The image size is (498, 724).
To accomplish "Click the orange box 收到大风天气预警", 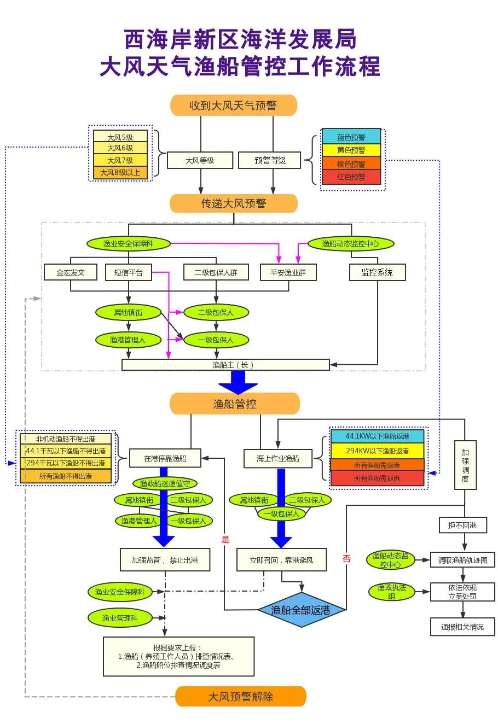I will point(233,106).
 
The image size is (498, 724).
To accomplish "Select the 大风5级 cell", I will point(120,137).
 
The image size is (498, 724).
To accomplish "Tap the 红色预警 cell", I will point(351,177).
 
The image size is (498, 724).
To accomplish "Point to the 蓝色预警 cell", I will point(351,137).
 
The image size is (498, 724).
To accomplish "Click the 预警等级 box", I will point(270,160).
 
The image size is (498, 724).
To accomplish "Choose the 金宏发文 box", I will point(71,272).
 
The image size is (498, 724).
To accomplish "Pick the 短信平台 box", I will point(128,272).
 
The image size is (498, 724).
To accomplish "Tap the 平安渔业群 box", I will point(288,272).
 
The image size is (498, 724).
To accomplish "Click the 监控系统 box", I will point(377,272).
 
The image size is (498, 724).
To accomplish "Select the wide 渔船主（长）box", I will point(225,365).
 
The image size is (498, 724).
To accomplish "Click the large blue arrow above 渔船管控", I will point(238,382).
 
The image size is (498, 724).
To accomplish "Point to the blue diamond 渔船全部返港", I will point(301,610).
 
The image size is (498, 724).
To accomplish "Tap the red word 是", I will point(225,540).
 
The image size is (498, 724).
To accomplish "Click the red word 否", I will point(346,558).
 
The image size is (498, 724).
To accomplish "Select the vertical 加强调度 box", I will point(465,465).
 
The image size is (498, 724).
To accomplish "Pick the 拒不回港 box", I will point(462,526).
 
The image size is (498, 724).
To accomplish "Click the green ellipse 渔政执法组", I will point(391,592).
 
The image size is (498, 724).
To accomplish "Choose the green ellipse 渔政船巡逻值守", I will point(165,483).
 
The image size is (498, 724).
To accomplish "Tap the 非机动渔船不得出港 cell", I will point(66,439).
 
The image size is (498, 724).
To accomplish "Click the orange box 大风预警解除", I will point(240,697).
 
